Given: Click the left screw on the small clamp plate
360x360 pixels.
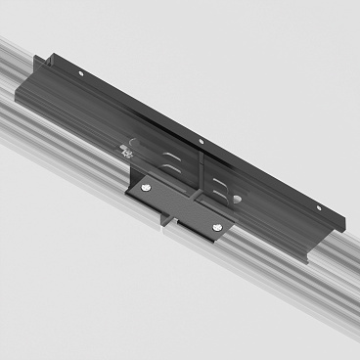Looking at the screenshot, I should [x=146, y=189].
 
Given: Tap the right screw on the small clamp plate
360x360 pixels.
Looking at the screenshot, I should [x=217, y=231].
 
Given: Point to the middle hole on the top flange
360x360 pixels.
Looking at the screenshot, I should [x=201, y=141].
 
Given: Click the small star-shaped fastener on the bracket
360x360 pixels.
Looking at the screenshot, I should [x=125, y=150].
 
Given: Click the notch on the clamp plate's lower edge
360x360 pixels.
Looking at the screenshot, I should [x=173, y=223].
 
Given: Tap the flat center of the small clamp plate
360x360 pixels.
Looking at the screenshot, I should [x=181, y=208].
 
